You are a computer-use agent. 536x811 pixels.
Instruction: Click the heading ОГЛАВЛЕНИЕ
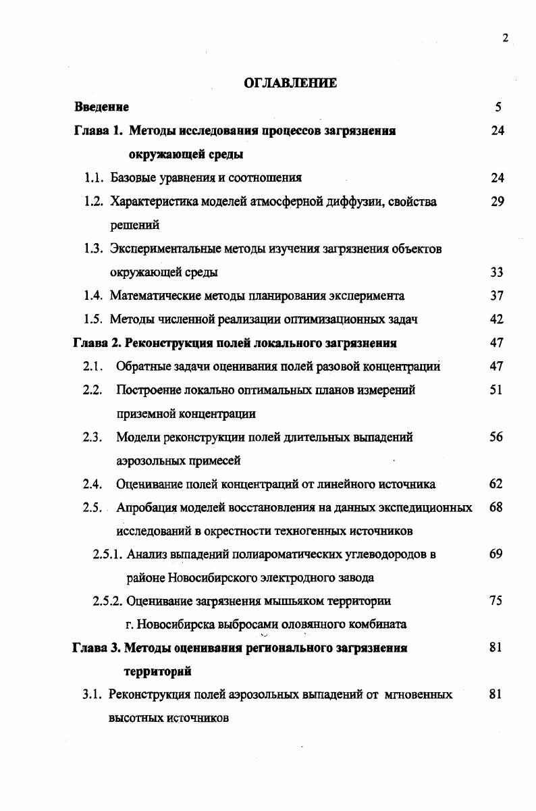(290, 83)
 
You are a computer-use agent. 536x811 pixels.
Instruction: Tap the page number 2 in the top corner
(505, 38)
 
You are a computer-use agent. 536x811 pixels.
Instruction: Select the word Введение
(101, 107)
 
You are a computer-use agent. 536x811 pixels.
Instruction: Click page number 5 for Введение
(498, 107)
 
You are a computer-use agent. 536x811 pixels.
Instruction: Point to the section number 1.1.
(93, 178)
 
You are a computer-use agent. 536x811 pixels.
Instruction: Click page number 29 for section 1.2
(498, 201)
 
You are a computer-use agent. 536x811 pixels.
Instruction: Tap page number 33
(498, 272)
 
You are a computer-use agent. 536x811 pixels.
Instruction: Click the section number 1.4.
(93, 296)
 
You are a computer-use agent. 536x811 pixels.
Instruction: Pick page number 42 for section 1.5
(498, 319)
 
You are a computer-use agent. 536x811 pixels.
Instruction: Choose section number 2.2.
(92, 390)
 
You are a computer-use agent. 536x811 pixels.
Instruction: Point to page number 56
(496, 437)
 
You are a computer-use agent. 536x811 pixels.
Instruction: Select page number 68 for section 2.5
(496, 507)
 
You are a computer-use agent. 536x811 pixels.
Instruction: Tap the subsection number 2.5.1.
(107, 554)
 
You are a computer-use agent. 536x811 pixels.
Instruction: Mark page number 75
(496, 601)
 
